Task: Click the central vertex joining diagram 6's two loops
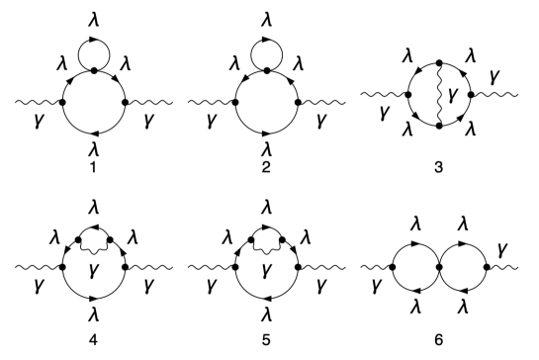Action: [x=436, y=265]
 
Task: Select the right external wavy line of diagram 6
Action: [x=508, y=265]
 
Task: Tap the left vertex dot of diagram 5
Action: [x=235, y=265]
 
